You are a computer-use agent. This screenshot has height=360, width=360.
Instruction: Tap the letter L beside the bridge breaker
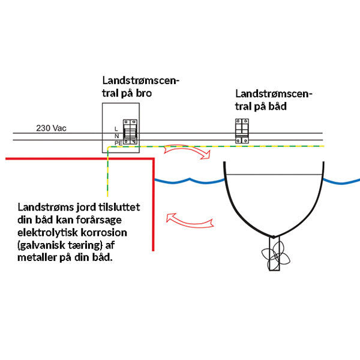point(116,128)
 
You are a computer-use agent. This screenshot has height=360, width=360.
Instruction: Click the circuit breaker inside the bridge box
point(130,131)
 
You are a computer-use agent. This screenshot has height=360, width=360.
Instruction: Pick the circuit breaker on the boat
point(241,131)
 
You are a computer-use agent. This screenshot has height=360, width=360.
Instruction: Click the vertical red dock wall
point(153,204)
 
